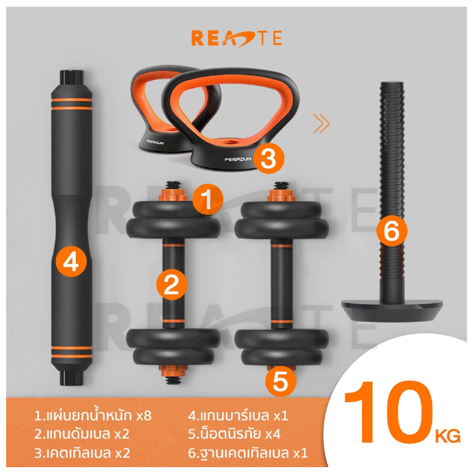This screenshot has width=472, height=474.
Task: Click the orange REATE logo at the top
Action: tap(237, 38)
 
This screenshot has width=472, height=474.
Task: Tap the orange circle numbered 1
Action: tap(208, 199)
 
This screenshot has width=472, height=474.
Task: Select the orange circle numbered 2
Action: tap(171, 285)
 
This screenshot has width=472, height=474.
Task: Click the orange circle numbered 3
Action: tap(268, 158)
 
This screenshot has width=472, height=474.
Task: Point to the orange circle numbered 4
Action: tap(71, 261)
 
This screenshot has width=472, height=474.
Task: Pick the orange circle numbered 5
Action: tap(281, 381)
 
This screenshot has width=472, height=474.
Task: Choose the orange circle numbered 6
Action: tap(392, 232)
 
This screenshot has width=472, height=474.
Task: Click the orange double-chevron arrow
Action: tap(321, 124)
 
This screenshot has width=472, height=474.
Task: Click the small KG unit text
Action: tap(448, 436)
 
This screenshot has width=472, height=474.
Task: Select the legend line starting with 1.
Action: tap(92, 415)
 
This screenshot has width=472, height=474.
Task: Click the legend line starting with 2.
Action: tap(82, 434)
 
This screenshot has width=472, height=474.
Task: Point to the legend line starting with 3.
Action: tap(82, 453)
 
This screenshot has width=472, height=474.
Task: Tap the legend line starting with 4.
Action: tap(238, 415)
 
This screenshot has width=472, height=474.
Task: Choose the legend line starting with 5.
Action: tap(234, 434)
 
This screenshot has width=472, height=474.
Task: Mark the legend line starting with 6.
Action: tap(248, 453)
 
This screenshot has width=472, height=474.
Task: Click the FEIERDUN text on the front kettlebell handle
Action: tap(238, 159)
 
